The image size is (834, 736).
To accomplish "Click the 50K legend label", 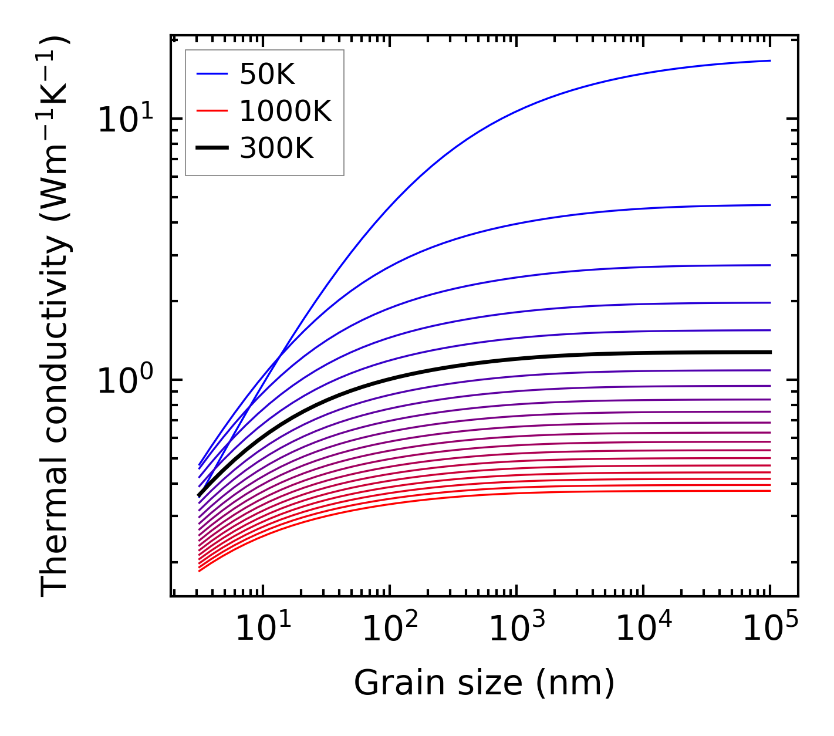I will [267, 75].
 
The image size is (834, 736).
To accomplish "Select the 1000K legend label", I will [285, 111].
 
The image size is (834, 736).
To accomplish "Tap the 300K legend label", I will [276, 148].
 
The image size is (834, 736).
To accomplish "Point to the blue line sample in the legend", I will [211, 74].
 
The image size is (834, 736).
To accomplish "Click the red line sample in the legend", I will [211, 110].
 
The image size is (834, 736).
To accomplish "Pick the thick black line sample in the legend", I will [211, 148].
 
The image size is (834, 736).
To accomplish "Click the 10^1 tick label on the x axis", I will [262, 629].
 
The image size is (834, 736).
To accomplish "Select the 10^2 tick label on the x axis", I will [390, 629].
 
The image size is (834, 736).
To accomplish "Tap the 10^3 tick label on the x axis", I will [516, 629].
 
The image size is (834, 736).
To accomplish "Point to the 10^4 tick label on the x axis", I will [643, 629].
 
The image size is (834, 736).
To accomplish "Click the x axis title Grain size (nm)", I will [484, 683].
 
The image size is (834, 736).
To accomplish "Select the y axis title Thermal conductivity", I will [55, 317].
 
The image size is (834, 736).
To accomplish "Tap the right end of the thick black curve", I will [769, 352].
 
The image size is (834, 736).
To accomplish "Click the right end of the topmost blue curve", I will [769, 60].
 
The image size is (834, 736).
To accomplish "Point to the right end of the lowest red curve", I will [769, 491].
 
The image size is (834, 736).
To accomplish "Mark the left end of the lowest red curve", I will [200, 570].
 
